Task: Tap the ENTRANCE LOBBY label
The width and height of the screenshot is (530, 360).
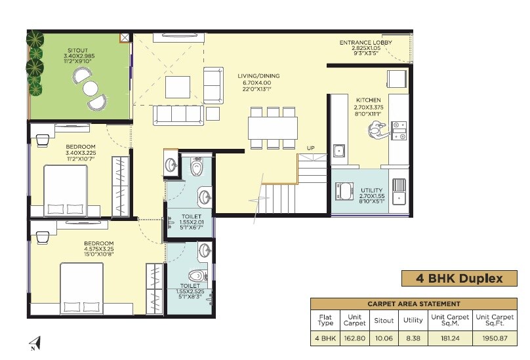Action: coord(365,43)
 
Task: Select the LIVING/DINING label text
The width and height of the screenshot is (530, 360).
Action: coord(258,76)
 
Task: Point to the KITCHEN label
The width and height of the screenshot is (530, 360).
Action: coord(369,100)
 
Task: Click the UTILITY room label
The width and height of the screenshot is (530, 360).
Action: coord(371,190)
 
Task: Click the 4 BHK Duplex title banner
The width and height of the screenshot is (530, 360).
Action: coord(459,279)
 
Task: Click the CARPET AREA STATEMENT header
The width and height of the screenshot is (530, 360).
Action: coord(413,304)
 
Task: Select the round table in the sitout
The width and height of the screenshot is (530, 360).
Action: coord(90,88)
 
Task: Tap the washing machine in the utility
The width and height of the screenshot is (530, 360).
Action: coord(345,191)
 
